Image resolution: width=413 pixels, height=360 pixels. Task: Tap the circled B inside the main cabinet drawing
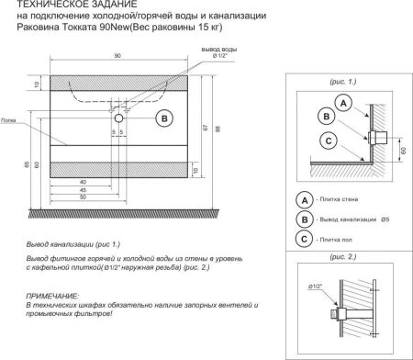162,118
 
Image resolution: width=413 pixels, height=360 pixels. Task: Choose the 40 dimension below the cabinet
84,181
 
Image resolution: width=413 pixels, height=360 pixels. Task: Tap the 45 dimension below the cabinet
84,189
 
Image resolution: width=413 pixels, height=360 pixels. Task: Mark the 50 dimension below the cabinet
84,197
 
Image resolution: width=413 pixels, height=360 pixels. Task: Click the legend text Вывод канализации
349,219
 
